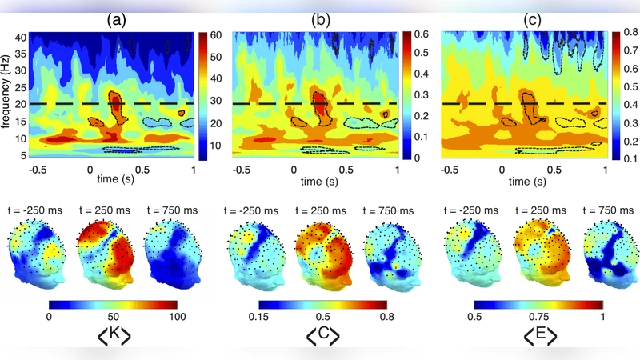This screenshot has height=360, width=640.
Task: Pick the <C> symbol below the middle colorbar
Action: click(322, 333)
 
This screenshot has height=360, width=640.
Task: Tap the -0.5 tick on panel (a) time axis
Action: click(36, 170)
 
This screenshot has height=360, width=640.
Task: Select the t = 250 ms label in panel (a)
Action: click(105, 211)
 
